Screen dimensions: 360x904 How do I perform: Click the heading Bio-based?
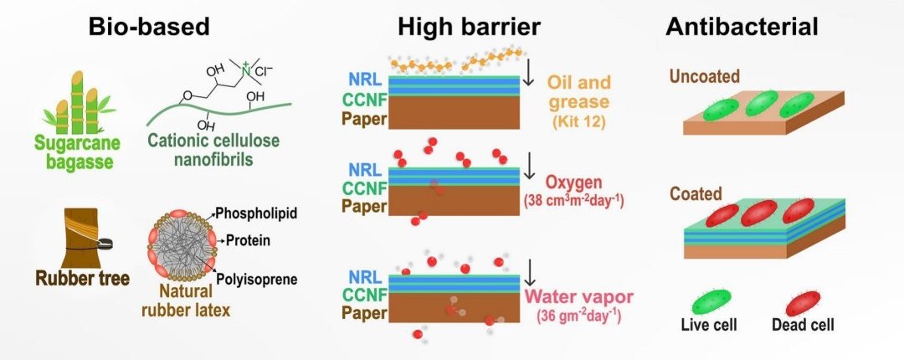point(149,27)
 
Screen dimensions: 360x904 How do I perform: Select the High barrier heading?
point(469,27)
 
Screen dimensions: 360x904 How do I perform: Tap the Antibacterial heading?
point(742,27)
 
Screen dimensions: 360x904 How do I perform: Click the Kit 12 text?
point(579,122)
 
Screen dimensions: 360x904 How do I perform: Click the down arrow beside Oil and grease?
point(528,78)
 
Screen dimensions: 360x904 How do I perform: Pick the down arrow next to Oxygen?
point(528,171)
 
